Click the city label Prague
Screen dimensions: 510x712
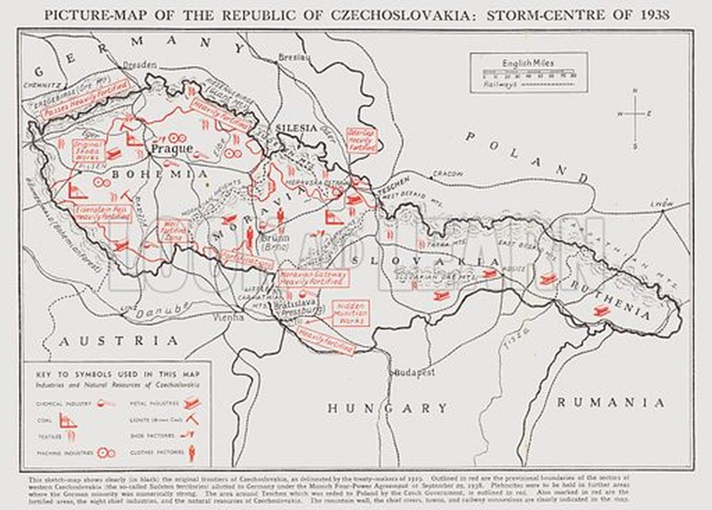173,148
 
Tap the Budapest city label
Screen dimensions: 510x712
415,373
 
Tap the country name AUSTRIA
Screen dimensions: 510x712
117,341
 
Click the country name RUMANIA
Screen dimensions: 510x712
610,403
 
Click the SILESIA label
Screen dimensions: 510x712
292,129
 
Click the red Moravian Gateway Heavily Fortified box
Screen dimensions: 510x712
313,278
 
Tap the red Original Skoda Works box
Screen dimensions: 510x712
88,151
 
